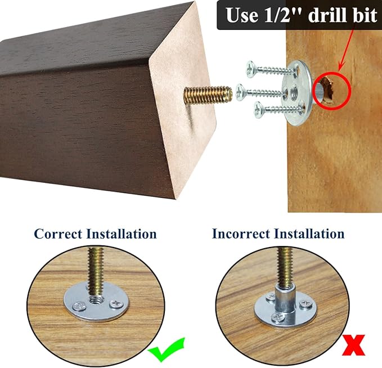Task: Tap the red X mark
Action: (353, 345)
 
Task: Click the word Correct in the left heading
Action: (58, 234)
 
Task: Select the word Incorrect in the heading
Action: (241, 234)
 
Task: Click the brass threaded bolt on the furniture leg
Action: (208, 95)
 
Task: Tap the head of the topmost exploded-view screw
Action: (250, 69)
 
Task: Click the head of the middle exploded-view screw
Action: (240, 92)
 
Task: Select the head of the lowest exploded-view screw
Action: (258, 110)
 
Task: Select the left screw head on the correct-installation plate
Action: (79, 306)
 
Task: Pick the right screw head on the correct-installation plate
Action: (116, 304)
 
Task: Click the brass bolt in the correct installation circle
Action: (96, 273)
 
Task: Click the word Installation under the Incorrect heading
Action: (309, 234)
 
